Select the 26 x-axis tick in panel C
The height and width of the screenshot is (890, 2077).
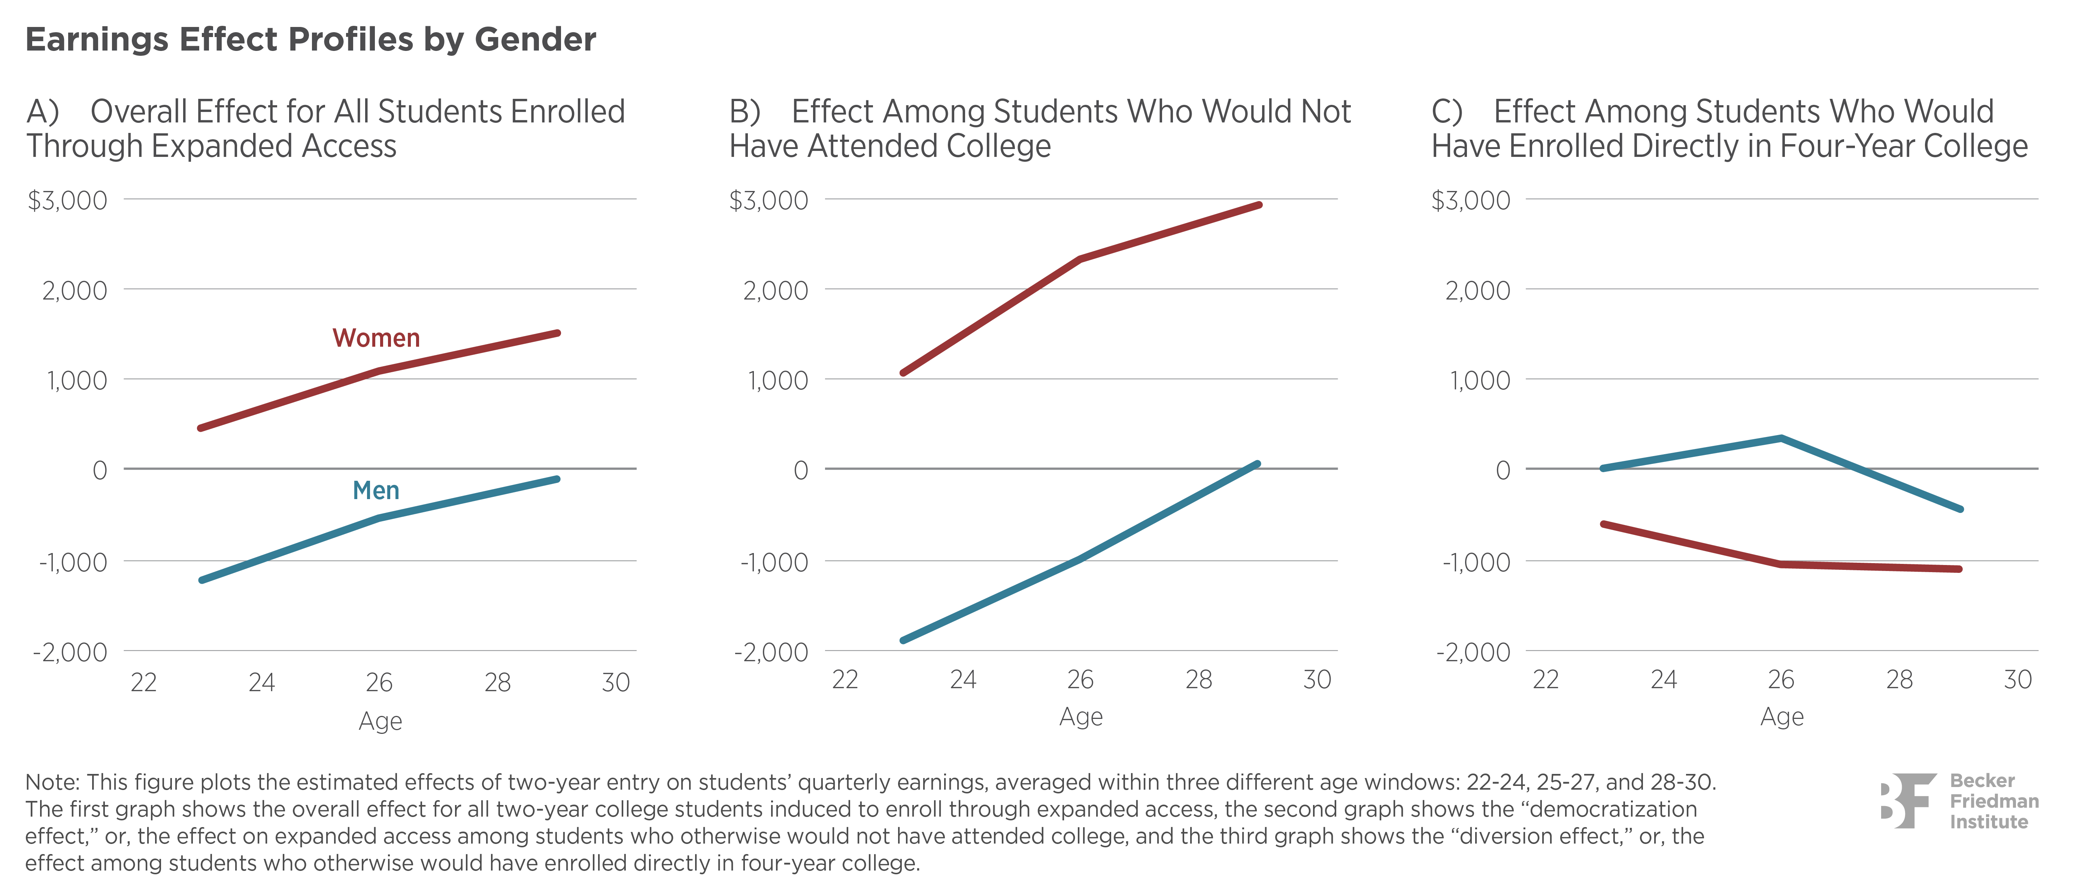[1781, 680]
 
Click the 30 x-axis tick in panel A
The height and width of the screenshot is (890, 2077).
[615, 683]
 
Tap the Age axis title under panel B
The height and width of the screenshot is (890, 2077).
[1080, 717]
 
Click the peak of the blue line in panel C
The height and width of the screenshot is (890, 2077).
[1781, 438]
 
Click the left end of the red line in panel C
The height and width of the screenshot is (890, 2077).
[1603, 524]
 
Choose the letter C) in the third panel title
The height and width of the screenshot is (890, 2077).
[1446, 111]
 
